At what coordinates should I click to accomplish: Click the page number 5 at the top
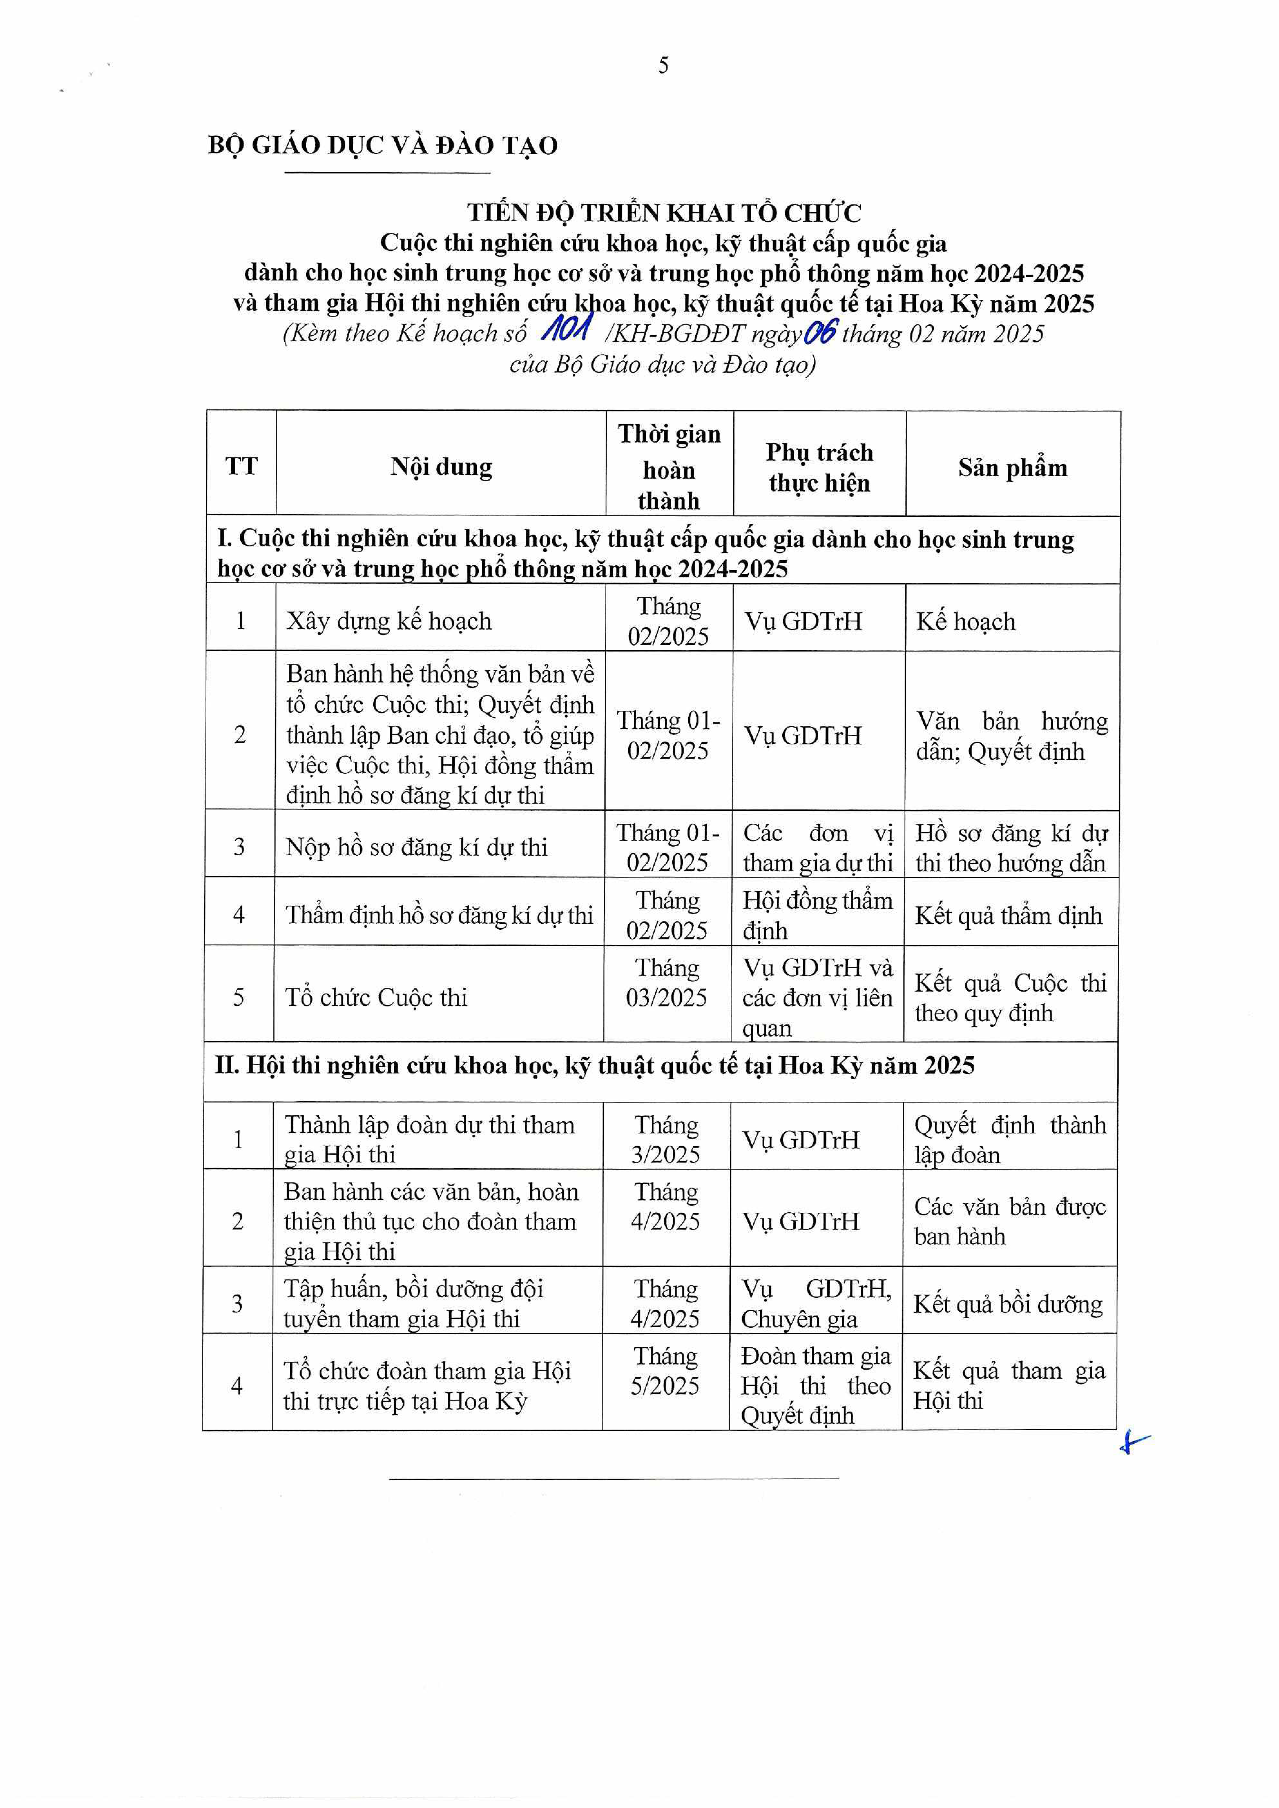click(663, 65)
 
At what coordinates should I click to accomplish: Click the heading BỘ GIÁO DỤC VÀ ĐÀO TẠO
click(383, 146)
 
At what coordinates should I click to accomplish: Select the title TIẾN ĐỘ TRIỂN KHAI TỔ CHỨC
click(664, 213)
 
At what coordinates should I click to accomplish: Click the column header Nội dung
click(441, 467)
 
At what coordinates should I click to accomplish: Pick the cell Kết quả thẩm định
click(1008, 915)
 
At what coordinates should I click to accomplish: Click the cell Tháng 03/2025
click(667, 983)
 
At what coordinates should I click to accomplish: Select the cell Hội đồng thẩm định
click(818, 915)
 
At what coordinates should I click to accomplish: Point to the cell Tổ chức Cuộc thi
click(377, 998)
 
